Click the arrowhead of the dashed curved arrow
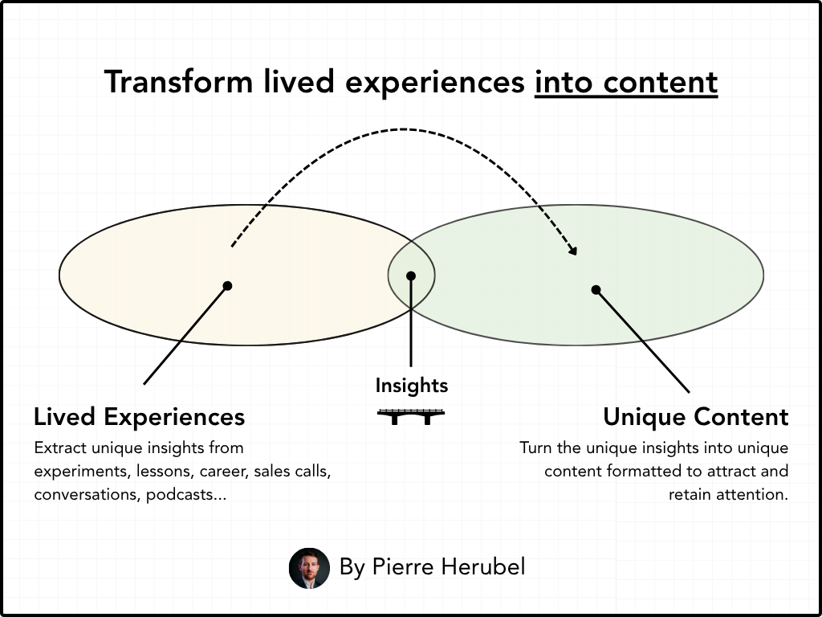pyautogui.click(x=573, y=251)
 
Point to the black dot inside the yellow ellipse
pyautogui.click(x=228, y=285)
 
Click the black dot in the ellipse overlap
pyautogui.click(x=411, y=276)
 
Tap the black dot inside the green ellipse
pyautogui.click(x=596, y=289)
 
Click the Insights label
pyautogui.click(x=411, y=386)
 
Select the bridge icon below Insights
pyautogui.click(x=411, y=415)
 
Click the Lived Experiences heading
pyautogui.click(x=139, y=417)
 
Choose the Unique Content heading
pyautogui.click(x=695, y=417)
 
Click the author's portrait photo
pyautogui.click(x=309, y=568)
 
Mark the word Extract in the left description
pyautogui.click(x=59, y=447)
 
